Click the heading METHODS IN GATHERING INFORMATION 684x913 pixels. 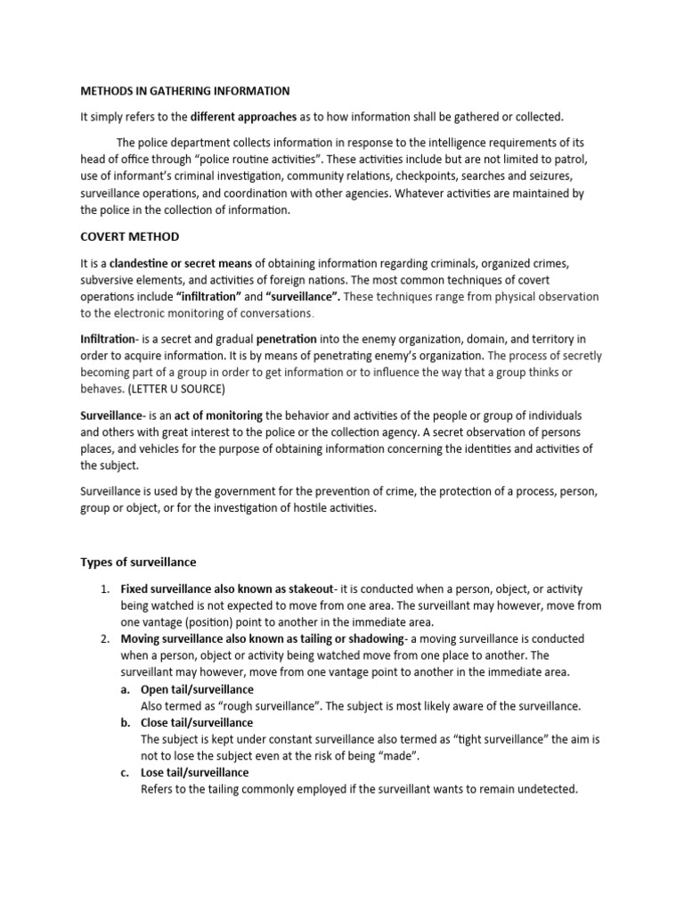point(185,90)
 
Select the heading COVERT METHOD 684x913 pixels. point(130,236)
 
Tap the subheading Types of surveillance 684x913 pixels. point(138,562)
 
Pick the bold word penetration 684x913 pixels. point(286,339)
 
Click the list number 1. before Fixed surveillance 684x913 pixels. point(104,589)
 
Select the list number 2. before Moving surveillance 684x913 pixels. point(104,639)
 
